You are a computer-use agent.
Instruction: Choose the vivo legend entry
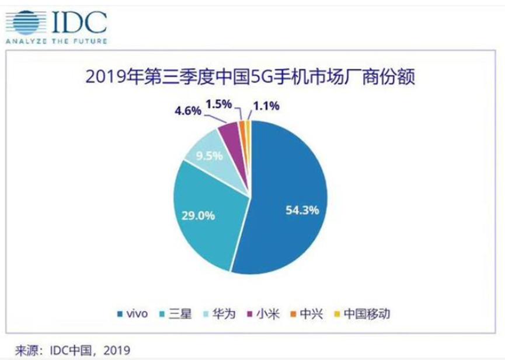click(x=135, y=314)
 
